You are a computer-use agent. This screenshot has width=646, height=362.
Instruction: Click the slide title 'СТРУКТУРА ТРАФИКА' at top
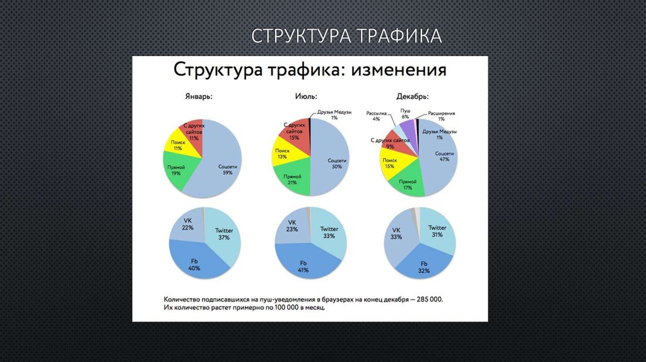[346, 35]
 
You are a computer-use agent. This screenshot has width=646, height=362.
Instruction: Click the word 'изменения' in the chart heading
[399, 70]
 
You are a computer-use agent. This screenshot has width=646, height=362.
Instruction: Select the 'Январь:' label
[198, 98]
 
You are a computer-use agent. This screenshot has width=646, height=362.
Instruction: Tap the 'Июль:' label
[306, 97]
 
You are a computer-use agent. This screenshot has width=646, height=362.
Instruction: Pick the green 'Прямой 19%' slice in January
[176, 170]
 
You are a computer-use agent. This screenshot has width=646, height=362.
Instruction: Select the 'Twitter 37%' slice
[224, 234]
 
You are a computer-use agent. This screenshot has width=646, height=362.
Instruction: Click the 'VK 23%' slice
[292, 226]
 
